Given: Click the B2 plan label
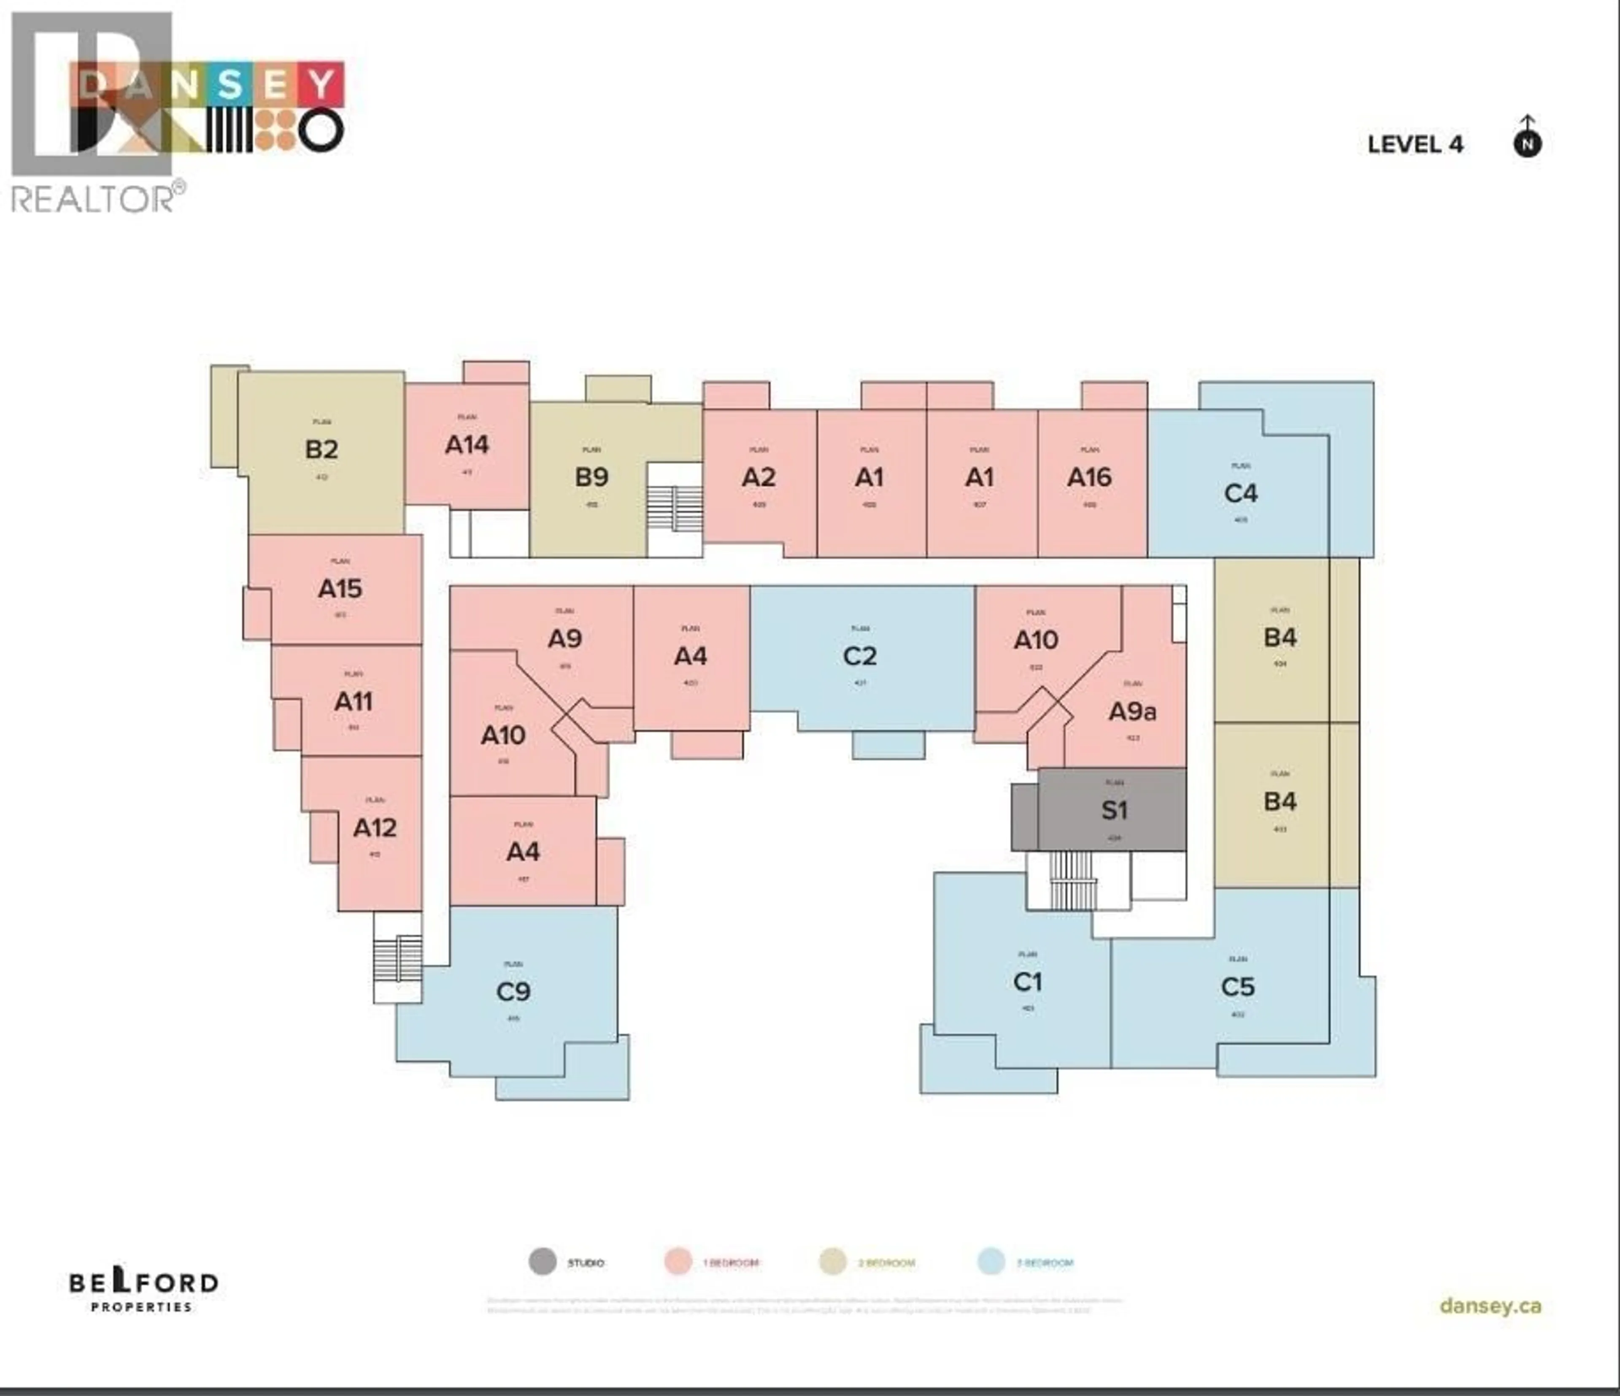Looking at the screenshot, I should tap(321, 450).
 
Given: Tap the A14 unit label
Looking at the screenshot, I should tap(467, 445).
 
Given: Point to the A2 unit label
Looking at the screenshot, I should tap(759, 477).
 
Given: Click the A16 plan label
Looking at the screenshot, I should tap(1089, 477).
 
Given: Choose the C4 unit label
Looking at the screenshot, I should tap(1241, 493).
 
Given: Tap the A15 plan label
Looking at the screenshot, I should tap(340, 589).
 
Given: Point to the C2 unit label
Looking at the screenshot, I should tap(860, 656).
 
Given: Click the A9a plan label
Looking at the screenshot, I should tap(1132, 712).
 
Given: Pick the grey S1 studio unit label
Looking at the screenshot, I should tap(1114, 810).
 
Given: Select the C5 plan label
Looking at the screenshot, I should tap(1238, 987).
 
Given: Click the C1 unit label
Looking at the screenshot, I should tap(1027, 982).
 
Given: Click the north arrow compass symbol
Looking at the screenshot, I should tap(1527, 139).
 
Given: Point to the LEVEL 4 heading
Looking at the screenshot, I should tap(1415, 145).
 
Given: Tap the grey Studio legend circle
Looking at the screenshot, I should tap(543, 1261).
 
